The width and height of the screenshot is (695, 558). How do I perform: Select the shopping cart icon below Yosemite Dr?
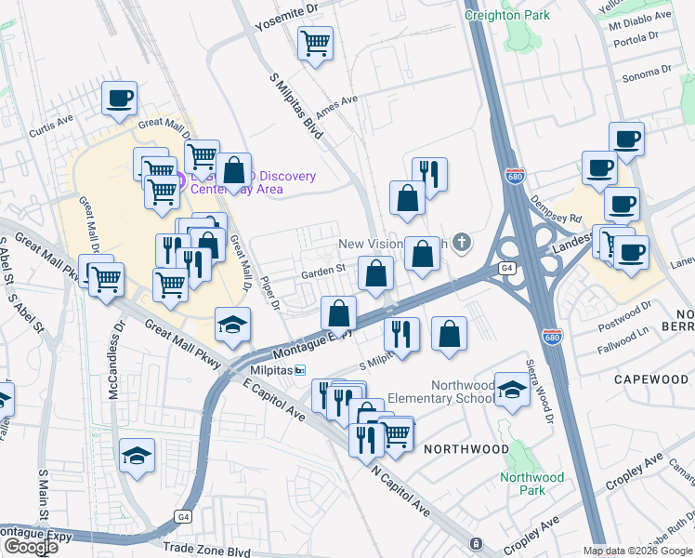(x=316, y=42)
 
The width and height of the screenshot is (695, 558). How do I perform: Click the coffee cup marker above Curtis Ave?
(x=119, y=98)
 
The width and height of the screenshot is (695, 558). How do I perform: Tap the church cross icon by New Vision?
(x=463, y=244)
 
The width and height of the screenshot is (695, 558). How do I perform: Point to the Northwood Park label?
(x=531, y=484)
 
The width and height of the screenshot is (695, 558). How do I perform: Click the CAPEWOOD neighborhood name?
(x=650, y=379)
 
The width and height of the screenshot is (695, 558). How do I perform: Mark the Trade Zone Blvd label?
(x=206, y=551)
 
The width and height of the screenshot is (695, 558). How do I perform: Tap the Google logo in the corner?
(x=30, y=547)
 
